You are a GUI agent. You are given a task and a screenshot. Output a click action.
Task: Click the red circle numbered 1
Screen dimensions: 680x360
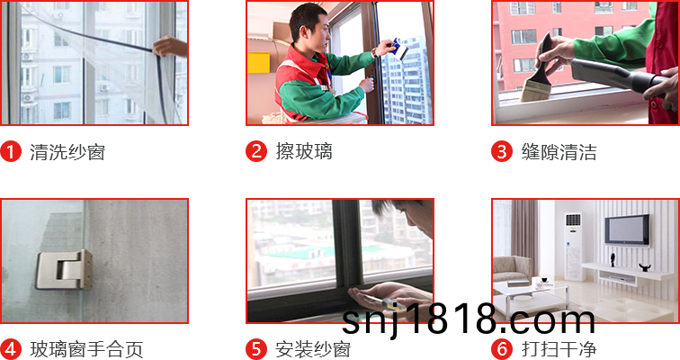coord(11,151)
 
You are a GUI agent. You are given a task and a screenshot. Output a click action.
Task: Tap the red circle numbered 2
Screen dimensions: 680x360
coord(256,151)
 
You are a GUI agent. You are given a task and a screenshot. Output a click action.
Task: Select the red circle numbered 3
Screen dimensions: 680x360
coord(502,151)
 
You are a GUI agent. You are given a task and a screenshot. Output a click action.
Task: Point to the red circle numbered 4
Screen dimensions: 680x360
coord(11,349)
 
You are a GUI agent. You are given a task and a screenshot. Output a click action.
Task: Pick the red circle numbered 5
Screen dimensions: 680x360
coord(256,349)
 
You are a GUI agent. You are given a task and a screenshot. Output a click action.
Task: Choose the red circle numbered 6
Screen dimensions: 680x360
coord(502,349)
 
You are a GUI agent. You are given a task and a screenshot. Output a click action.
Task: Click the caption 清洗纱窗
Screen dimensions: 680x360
coord(67,152)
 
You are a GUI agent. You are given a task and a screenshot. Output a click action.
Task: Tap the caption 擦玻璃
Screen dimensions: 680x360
coord(304,152)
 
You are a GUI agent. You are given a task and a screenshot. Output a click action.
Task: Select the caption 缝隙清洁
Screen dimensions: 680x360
coord(559,152)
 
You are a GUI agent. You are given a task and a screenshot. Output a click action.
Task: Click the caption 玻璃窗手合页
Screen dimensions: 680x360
coord(86,349)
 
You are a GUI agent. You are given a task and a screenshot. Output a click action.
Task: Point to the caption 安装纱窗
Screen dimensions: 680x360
coord(313,349)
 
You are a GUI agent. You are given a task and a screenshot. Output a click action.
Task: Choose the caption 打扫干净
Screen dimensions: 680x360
coord(559,349)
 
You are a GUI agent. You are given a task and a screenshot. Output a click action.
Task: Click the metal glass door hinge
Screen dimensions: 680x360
coord(65,270)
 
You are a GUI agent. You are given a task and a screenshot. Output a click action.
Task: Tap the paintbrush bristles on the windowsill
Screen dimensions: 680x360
coord(532,91)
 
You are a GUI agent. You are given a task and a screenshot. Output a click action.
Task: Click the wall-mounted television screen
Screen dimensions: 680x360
coord(627,229)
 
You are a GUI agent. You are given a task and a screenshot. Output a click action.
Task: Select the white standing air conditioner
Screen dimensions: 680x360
coord(572,247)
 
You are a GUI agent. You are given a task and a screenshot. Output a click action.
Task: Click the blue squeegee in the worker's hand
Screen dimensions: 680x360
coord(400,48)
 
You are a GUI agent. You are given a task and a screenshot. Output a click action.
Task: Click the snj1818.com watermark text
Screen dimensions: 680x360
coord(469,319)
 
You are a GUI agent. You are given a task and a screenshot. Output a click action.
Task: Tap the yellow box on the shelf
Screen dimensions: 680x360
coord(258,62)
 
